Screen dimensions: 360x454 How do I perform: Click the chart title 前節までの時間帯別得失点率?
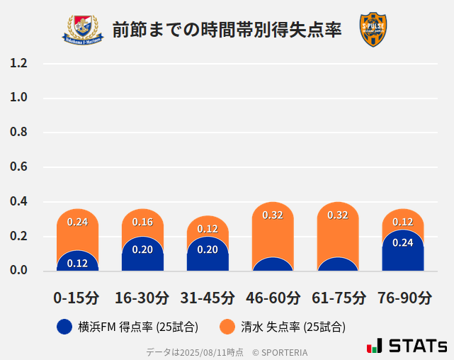pos(227,30)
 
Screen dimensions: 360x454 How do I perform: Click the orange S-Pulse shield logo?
pos(373,30)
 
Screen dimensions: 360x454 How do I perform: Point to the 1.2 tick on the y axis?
pos(19,63)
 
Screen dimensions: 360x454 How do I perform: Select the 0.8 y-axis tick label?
pos(19,133)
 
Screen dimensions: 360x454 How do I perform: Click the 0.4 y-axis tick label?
pos(19,202)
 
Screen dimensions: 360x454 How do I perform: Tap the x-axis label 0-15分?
pos(77,298)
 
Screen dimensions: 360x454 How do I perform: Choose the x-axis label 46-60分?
pos(272,298)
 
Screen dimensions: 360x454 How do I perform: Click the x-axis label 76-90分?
pos(403,298)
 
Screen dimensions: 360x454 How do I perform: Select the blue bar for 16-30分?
pos(142,257)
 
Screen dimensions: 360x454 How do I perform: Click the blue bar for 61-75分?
pos(338,265)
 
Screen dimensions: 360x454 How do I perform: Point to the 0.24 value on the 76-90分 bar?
pos(403,242)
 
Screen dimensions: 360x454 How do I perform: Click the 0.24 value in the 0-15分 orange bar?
pos(77,222)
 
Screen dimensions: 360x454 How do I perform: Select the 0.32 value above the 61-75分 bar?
pos(338,215)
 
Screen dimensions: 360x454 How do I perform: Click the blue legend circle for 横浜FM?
pos(64,327)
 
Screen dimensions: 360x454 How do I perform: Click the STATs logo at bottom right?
pos(407,346)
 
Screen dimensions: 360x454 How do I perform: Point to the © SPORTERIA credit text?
pos(280,352)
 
